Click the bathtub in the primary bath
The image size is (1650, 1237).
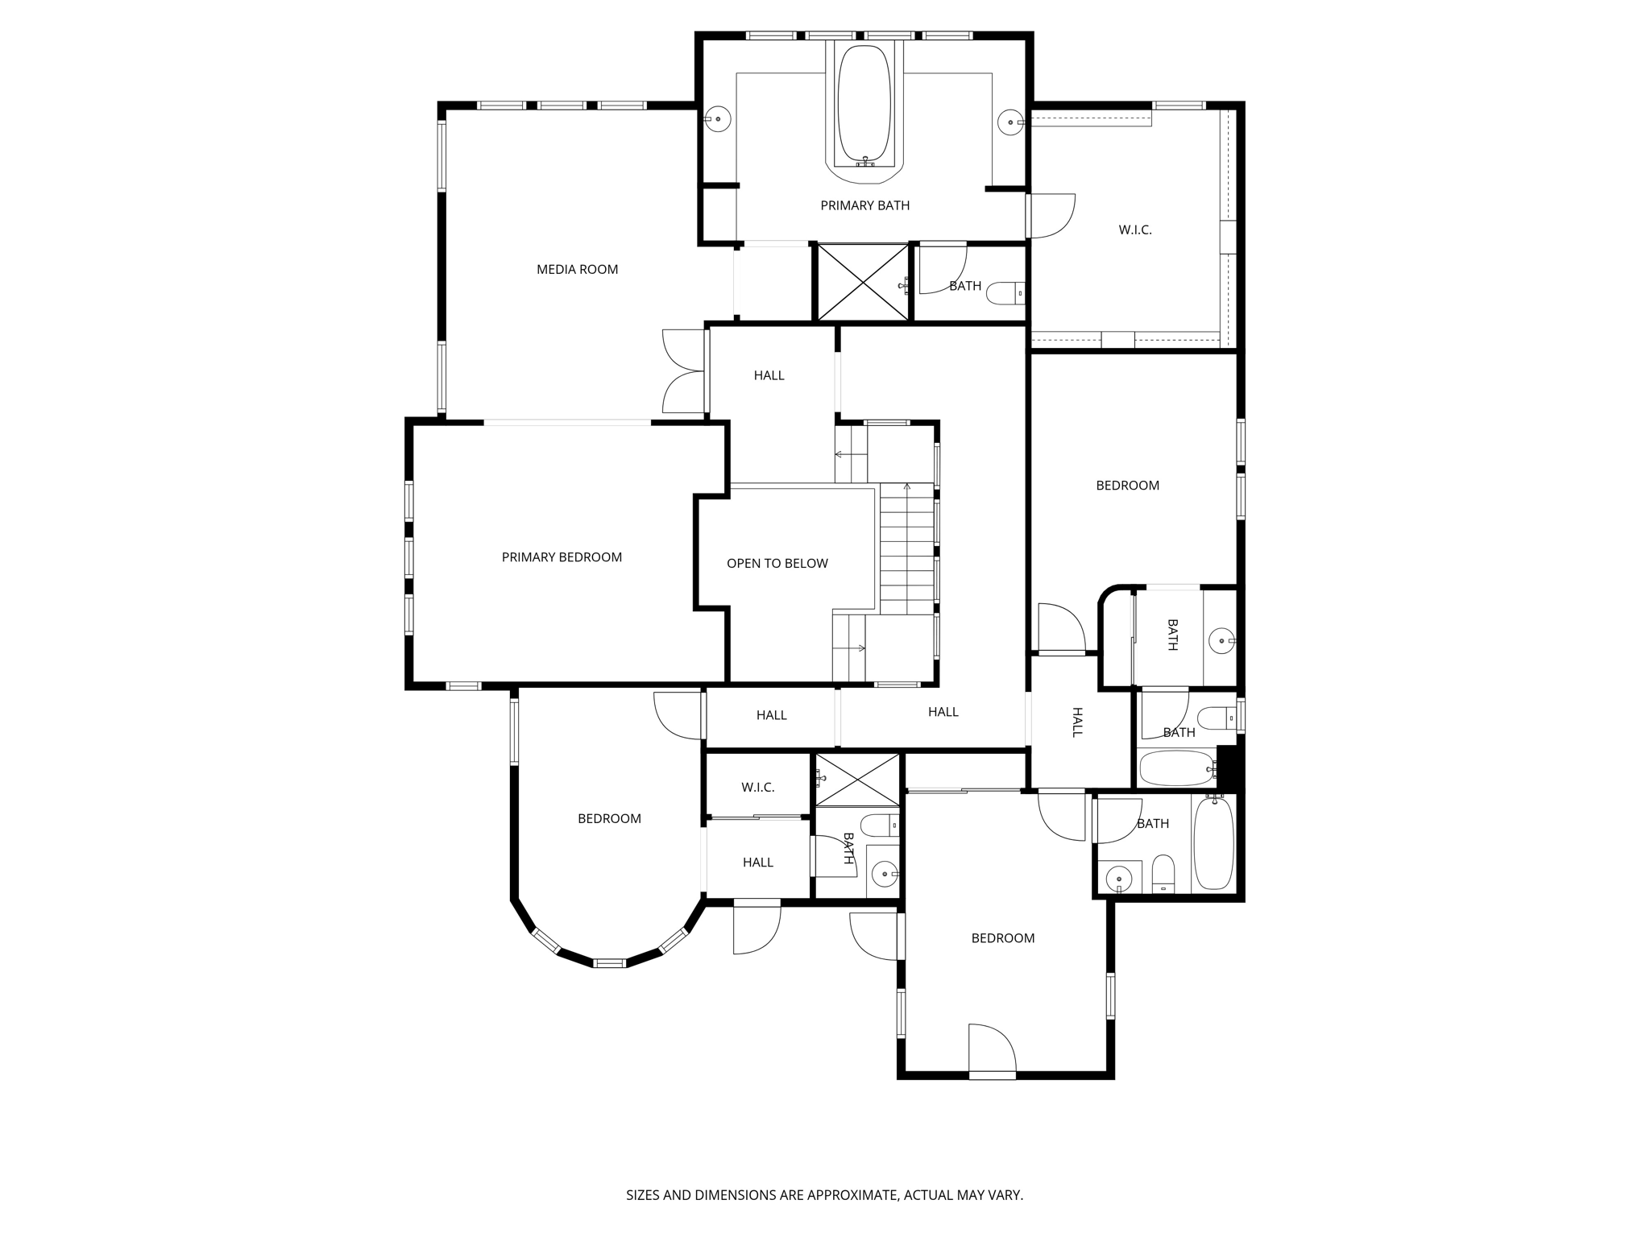pos(864,105)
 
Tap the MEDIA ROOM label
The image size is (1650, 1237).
pos(577,270)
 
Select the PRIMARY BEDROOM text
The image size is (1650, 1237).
pos(562,557)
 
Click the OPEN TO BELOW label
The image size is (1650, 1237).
pos(777,564)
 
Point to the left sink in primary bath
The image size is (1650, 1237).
pos(717,119)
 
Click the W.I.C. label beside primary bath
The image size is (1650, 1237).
pos(1134,230)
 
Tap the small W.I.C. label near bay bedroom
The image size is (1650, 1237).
pos(757,788)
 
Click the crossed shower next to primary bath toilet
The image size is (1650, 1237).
pos(862,283)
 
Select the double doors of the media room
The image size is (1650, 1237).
pos(685,372)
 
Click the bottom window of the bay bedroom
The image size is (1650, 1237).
pos(609,962)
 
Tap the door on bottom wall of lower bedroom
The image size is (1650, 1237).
pos(992,1050)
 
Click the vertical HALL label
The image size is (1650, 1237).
pos(1077,722)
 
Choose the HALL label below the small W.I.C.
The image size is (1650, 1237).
pos(757,863)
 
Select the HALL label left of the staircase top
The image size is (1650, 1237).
pos(769,375)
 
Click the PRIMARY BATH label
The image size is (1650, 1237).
pos(864,206)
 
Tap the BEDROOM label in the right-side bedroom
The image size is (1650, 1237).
pos(1127,486)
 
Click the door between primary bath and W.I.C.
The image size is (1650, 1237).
pos(1051,216)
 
